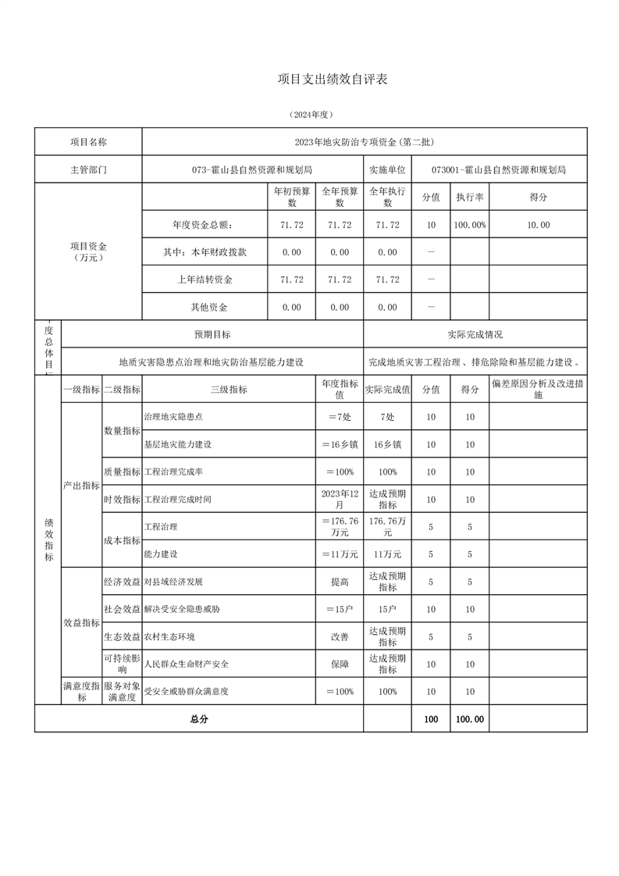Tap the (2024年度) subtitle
pos(311,115)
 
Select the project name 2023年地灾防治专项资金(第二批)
pos(364,142)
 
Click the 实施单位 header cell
pos(387,169)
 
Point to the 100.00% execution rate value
pos(470,225)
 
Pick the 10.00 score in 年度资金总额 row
pos(538,225)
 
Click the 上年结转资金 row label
pos(205,280)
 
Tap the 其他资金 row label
pos(205,307)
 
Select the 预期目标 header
pos(212,334)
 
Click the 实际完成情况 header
pos(475,334)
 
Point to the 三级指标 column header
pos(229,390)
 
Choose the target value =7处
pos(340,417)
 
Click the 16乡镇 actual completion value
pos(387,444)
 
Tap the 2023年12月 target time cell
pos(340,499)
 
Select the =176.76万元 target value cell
pos(340,526)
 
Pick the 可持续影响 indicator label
pos(122,663)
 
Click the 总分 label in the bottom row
pos(199,719)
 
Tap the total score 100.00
pos(469,719)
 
